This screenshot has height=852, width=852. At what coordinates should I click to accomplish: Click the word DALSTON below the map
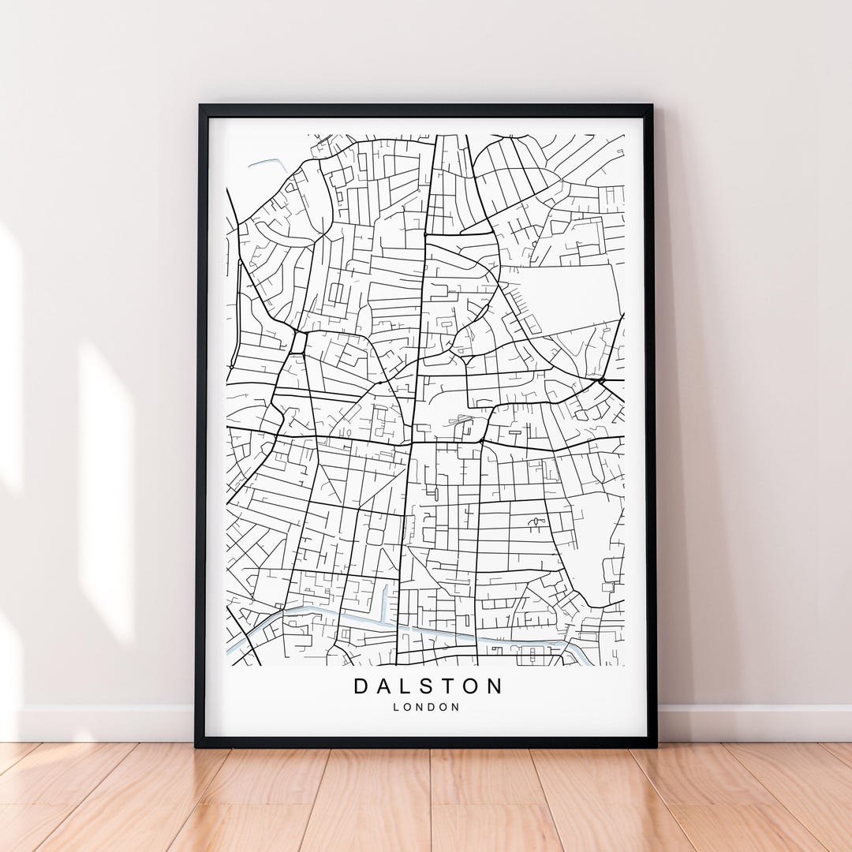(427, 686)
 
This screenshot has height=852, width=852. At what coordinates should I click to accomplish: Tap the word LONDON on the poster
(426, 708)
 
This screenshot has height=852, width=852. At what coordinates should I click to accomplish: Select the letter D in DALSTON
(361, 686)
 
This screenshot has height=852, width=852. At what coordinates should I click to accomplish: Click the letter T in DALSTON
(449, 686)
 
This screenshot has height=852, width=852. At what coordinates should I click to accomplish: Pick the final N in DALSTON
(494, 686)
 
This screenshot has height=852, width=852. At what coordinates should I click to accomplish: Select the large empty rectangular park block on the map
(562, 298)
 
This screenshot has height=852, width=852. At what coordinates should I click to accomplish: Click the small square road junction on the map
(298, 343)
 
